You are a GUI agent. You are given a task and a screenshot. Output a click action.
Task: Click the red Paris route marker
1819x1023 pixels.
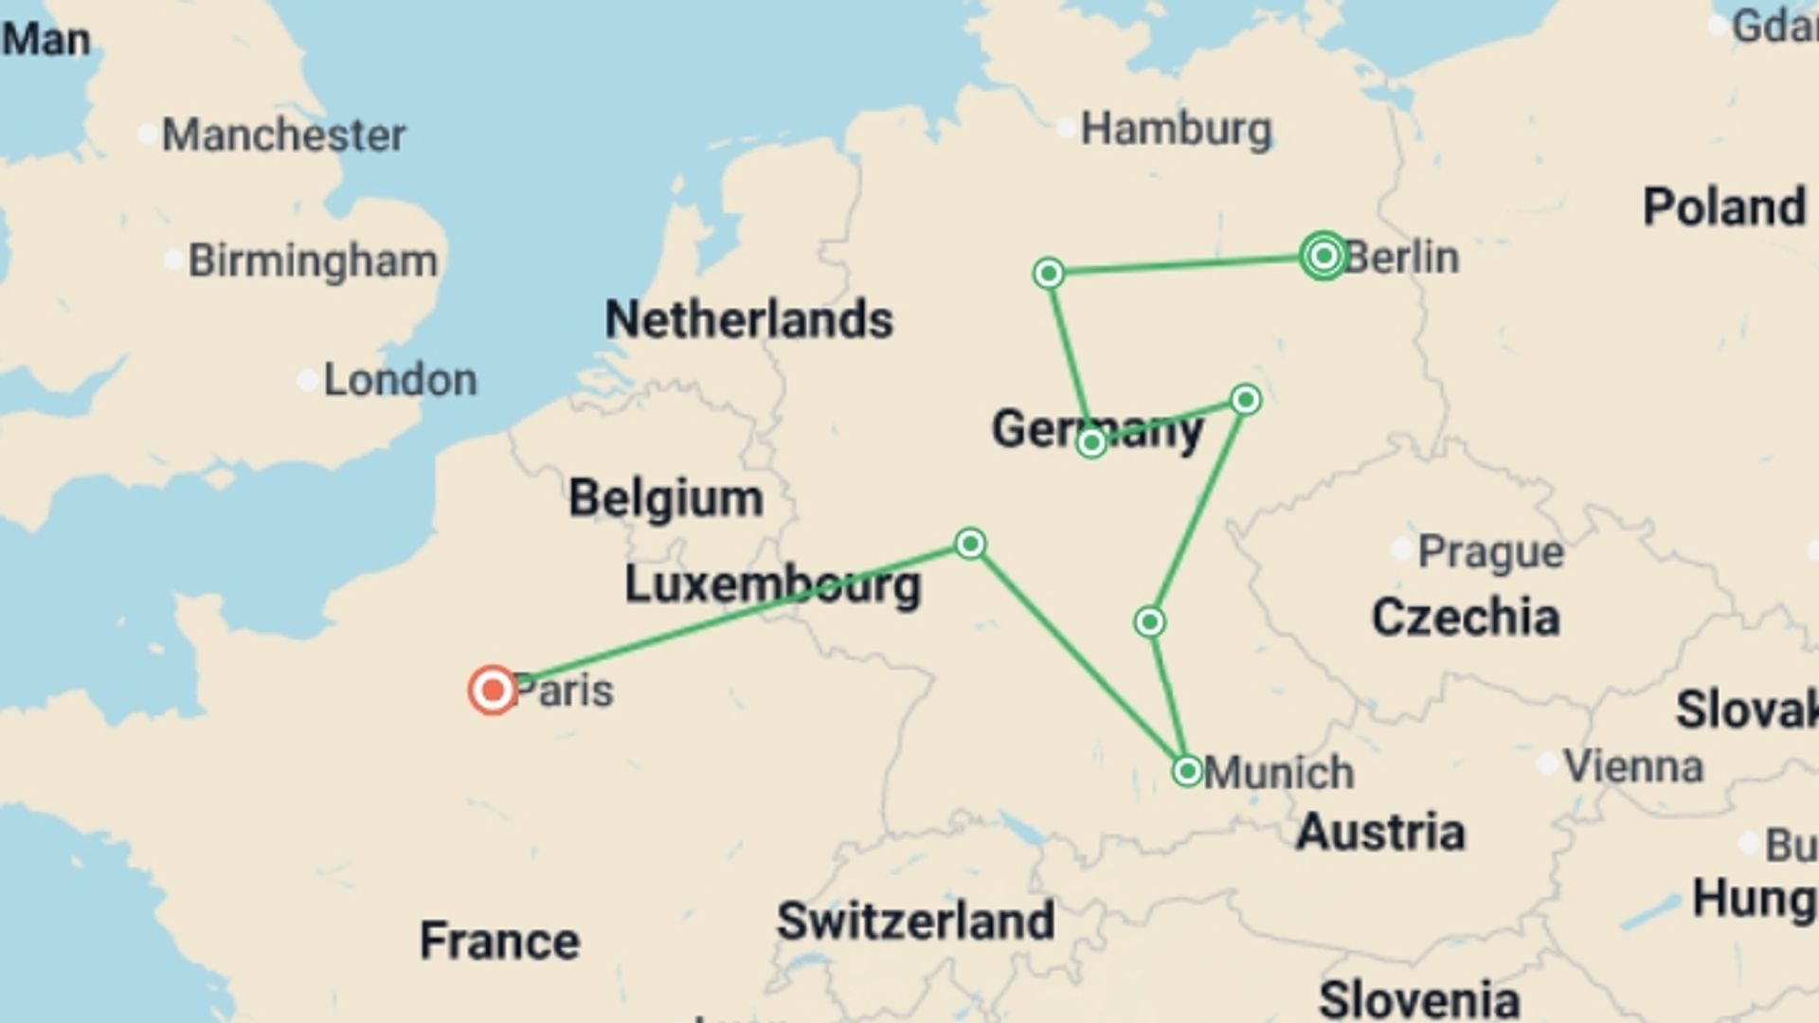[493, 691]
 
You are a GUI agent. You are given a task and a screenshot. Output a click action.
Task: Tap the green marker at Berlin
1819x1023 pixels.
[1324, 256]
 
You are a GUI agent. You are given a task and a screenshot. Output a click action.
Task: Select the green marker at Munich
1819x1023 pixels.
[1187, 771]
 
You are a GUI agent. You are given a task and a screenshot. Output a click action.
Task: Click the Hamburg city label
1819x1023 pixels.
[1176, 129]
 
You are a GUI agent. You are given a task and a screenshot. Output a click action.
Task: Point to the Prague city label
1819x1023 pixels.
[1490, 551]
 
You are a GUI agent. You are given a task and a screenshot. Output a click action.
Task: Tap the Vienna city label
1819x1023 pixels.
[1632, 766]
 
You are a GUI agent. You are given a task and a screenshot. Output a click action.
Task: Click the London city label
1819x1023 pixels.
[400, 380]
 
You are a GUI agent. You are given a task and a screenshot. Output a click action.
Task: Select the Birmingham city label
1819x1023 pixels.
[313, 260]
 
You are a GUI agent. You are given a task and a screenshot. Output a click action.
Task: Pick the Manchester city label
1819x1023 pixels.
[283, 135]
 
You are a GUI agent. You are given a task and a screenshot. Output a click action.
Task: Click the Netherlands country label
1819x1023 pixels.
[748, 319]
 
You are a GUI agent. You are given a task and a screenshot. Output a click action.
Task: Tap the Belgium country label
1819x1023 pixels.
[665, 498]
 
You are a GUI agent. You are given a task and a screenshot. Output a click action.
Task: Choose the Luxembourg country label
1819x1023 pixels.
[772, 584]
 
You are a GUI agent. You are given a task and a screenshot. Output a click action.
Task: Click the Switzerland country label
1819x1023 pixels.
[915, 921]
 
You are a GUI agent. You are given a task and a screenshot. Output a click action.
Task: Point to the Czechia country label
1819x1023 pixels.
[1466, 618]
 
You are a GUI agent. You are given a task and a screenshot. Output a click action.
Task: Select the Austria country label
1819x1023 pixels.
[1380, 832]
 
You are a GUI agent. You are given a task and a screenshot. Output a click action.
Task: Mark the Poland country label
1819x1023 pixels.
[1723, 206]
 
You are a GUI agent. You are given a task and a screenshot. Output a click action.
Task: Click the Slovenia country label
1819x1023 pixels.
[1418, 999]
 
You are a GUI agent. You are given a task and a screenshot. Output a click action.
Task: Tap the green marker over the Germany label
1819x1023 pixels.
[1091, 442]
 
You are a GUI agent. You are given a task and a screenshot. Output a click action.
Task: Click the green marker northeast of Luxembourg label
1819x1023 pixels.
[970, 544]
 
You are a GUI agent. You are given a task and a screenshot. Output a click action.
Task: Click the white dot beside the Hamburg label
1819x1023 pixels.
[1066, 126]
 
